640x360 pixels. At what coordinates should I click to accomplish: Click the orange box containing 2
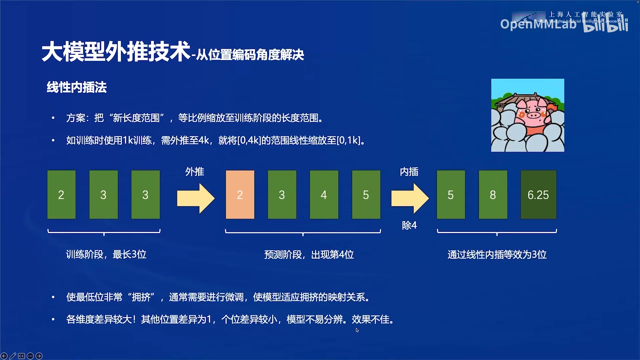tap(240, 195)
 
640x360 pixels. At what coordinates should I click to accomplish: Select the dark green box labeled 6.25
tap(538, 195)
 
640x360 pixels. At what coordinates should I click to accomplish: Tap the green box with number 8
tap(493, 195)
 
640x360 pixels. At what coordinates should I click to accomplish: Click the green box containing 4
tap(324, 195)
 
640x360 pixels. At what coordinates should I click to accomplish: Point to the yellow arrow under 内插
tap(410, 198)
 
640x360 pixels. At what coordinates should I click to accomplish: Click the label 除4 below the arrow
tap(409, 225)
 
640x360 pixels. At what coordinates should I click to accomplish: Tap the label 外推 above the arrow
tap(195, 172)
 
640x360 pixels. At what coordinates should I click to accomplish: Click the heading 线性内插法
tap(77, 87)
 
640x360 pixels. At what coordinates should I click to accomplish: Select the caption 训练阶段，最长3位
tap(106, 254)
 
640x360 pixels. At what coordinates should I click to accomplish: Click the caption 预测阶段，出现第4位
tap(309, 255)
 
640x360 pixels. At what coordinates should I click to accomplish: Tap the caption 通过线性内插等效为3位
tap(497, 255)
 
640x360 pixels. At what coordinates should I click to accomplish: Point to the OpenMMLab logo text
tap(538, 24)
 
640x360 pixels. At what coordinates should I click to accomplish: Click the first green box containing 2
tap(61, 195)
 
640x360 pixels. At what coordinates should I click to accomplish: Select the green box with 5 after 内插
tap(451, 195)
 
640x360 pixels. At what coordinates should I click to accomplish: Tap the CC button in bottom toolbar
tap(21, 356)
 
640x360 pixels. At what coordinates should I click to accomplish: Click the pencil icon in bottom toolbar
tap(13, 356)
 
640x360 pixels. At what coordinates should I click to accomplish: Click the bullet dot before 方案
tap(53, 118)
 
